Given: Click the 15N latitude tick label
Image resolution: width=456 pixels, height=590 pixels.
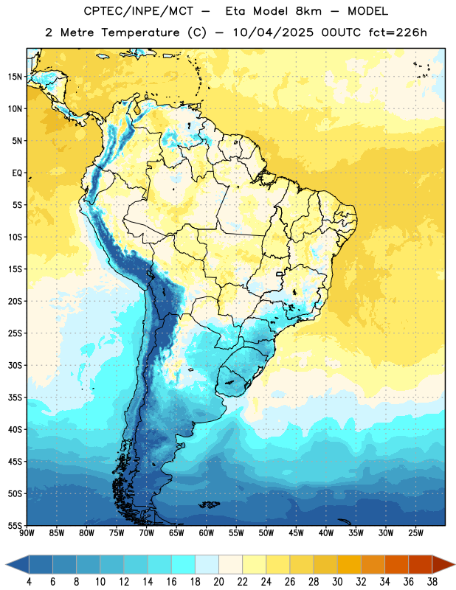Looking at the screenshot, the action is pos(15,77).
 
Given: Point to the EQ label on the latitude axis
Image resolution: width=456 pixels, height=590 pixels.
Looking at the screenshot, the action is pos(17,173).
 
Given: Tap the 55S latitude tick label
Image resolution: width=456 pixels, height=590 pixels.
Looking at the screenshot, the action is pos(15,525).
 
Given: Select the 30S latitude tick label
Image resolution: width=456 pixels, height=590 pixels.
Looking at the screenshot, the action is pos(15,365).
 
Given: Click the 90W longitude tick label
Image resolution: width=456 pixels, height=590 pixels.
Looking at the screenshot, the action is pos(27,532).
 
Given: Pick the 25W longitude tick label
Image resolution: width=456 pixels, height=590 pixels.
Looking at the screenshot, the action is pos(415,532).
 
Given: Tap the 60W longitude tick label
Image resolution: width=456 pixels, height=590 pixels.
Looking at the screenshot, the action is pos(207,532).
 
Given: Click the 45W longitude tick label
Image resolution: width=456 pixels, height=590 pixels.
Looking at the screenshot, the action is pos(296,532).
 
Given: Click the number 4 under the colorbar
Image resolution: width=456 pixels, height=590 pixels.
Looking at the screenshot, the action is pos(29,582).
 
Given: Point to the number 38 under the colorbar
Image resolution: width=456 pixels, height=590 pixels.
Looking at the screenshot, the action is pos(432,582).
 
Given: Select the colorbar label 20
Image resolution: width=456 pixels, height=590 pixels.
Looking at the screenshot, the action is pos(218,582).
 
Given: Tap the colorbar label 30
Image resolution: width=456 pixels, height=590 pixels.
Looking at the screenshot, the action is pos(337,582).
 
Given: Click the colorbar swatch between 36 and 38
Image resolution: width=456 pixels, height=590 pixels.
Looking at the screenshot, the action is pos(421,565).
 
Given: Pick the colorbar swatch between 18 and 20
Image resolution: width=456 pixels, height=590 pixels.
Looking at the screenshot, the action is pos(207,565).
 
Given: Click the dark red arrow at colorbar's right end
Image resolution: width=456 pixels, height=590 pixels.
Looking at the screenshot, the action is pos(443,565).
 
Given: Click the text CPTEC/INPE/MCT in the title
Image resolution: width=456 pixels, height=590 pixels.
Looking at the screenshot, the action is pos(139,11).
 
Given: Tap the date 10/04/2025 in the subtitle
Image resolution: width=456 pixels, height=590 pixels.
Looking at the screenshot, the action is pos(273,32).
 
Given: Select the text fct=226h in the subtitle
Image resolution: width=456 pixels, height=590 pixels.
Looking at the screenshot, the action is pos(398,32).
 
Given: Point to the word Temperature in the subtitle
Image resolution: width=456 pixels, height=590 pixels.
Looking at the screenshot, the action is pos(140,32).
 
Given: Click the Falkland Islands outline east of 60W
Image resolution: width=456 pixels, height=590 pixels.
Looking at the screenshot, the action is pos(210,504).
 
